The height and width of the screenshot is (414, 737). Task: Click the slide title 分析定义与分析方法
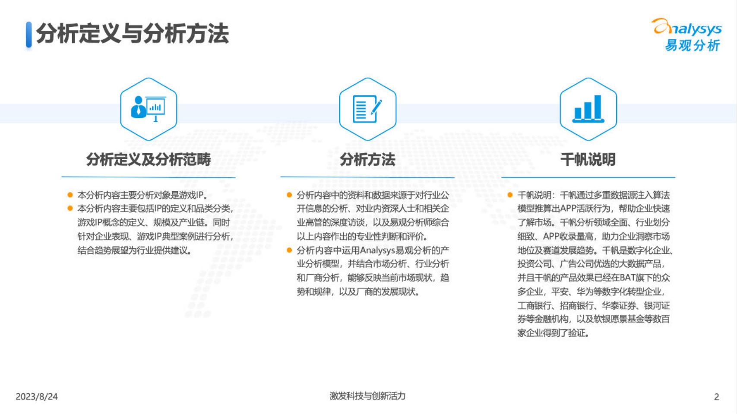(x=132, y=34)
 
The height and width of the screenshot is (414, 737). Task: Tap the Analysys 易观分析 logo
(x=687, y=35)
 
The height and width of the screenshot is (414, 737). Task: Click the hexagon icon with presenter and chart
(x=148, y=109)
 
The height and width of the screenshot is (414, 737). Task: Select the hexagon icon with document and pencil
(x=367, y=109)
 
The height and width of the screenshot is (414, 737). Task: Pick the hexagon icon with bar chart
(x=588, y=109)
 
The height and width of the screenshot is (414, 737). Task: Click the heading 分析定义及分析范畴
(x=148, y=159)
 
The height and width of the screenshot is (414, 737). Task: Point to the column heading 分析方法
(x=367, y=159)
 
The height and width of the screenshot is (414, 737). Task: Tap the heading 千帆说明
(x=588, y=159)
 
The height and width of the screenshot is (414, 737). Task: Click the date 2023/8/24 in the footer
(x=37, y=396)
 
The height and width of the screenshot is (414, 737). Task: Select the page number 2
(x=717, y=396)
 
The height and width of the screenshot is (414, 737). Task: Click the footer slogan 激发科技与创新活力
(x=367, y=395)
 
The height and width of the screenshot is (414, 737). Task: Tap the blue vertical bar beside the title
(x=28, y=34)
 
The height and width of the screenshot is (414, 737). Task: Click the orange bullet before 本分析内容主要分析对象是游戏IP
(x=70, y=195)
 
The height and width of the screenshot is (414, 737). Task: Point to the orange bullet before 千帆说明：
(x=510, y=195)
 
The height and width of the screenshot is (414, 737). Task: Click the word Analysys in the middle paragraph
(x=377, y=250)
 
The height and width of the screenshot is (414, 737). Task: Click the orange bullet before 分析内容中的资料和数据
(x=289, y=195)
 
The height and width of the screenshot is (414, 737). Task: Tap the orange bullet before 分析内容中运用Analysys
(x=289, y=250)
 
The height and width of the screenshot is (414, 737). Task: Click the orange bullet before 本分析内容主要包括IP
(x=70, y=209)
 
